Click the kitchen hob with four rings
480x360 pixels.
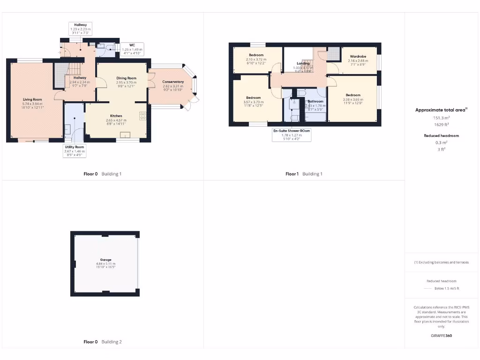tap(142, 115)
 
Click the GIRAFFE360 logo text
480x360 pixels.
tap(442, 336)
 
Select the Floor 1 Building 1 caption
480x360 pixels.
tap(304, 174)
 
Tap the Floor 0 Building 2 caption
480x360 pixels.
tap(103, 342)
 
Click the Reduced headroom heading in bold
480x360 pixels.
tap(441, 135)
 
